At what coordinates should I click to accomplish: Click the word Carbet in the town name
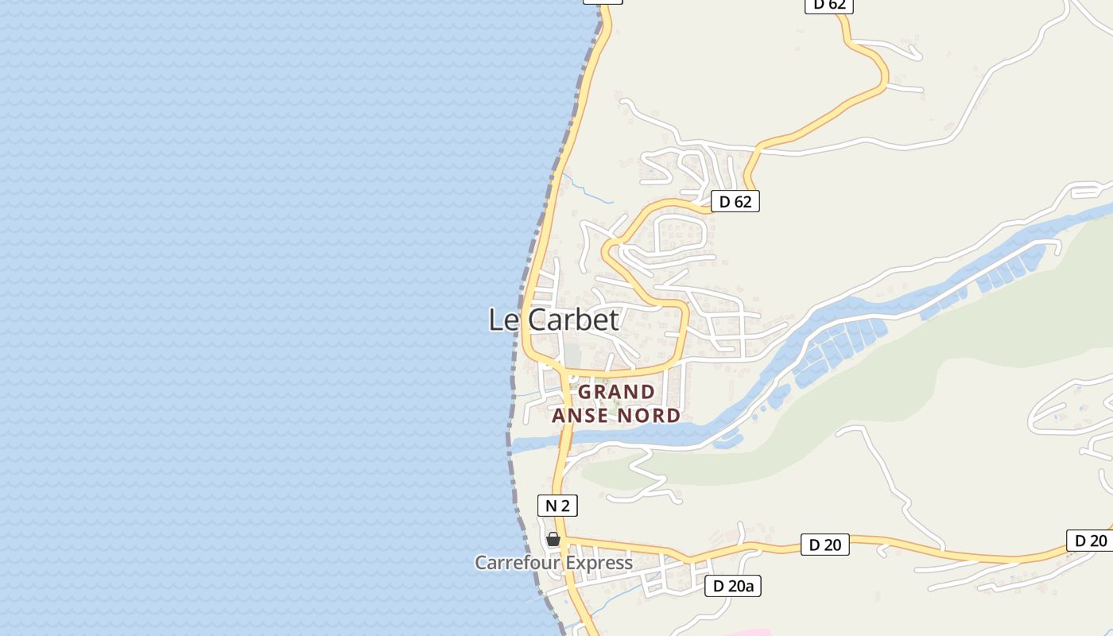click(573, 320)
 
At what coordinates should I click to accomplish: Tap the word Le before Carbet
click(505, 320)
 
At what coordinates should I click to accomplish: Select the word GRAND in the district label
click(616, 392)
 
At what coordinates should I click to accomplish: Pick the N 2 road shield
click(557, 505)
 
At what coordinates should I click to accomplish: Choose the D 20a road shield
click(733, 587)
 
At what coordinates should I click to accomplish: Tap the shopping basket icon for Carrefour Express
click(553, 540)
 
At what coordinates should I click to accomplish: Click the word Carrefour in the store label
click(514, 563)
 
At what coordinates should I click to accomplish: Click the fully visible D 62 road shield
click(735, 202)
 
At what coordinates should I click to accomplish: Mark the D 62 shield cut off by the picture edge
click(830, 5)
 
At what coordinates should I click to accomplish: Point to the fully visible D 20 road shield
click(824, 545)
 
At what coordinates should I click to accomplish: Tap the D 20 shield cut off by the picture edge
click(1090, 541)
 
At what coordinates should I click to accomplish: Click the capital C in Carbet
click(538, 320)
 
